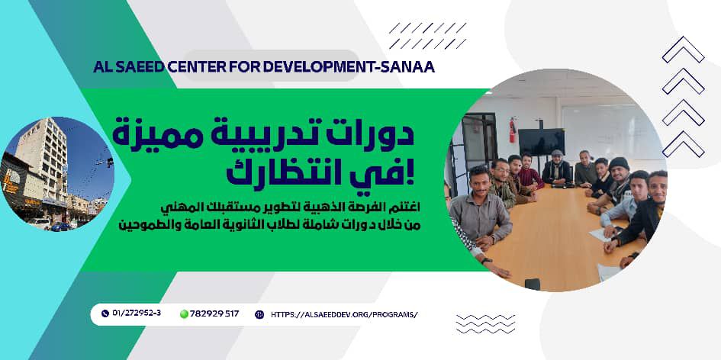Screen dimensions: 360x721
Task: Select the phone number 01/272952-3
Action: point(137,313)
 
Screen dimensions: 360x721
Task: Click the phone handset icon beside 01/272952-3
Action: point(105,313)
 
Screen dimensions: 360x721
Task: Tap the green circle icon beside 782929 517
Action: point(184,313)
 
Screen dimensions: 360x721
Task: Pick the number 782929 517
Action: point(216,313)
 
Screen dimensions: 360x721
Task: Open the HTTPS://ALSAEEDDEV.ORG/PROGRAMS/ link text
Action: point(344,313)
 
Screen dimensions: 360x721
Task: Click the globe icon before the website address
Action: point(259,313)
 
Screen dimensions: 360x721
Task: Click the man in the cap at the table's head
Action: point(558,166)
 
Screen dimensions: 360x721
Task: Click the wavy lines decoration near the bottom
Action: point(485,324)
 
